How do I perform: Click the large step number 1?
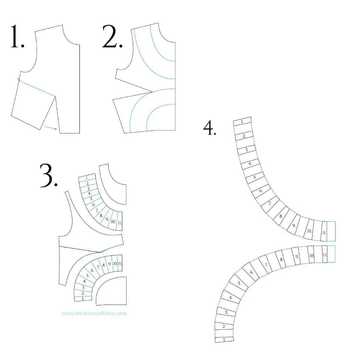17,36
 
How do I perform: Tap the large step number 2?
112,36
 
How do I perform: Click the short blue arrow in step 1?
51,128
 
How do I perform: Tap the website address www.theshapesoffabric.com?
94,313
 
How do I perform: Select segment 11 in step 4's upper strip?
324,233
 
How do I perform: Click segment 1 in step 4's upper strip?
242,122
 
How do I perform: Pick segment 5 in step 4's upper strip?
255,177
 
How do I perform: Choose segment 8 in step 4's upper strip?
281,216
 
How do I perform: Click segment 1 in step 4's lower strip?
224,339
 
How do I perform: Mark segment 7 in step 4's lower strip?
266,265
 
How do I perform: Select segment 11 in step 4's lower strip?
325,255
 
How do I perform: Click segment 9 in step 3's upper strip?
107,219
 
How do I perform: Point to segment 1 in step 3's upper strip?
87,178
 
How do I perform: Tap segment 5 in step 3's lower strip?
88,276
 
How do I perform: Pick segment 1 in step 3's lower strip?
83,299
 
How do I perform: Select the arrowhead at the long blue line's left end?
19,79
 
